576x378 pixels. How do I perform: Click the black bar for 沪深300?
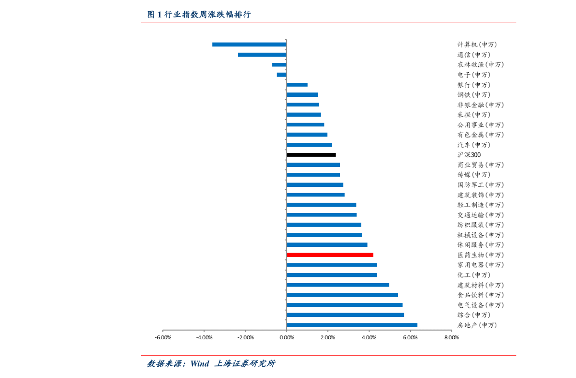[311, 155]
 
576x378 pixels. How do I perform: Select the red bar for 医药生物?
[330, 255]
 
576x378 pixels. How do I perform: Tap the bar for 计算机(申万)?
[249, 45]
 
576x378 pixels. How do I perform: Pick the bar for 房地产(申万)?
[352, 325]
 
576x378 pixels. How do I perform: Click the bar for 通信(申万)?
[262, 55]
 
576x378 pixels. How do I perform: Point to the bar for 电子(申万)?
[281, 75]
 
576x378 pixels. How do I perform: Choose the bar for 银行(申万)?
[297, 85]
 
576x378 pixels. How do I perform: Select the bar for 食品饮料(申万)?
[342, 295]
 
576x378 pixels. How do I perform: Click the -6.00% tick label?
[163, 337]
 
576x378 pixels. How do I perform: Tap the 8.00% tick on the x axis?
[452, 337]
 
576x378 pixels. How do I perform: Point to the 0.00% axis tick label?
[286, 337]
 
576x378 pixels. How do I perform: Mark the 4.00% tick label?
[369, 337]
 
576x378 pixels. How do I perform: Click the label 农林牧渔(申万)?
[481, 65]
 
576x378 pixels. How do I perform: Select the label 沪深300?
[469, 155]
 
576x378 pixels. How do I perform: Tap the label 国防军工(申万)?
[481, 185]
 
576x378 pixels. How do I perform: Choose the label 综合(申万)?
[474, 315]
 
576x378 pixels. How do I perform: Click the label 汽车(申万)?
[474, 145]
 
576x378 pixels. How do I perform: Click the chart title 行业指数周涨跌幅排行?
[207, 15]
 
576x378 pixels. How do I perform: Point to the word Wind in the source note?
[199, 363]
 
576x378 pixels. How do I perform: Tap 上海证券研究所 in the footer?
[245, 363]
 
